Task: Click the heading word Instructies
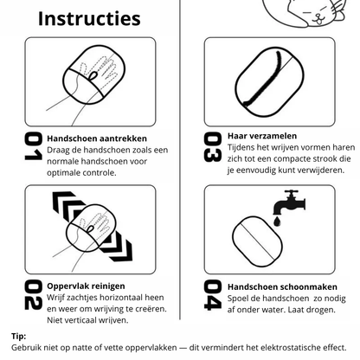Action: pos(78,18)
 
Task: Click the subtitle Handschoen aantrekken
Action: pos(98,138)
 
